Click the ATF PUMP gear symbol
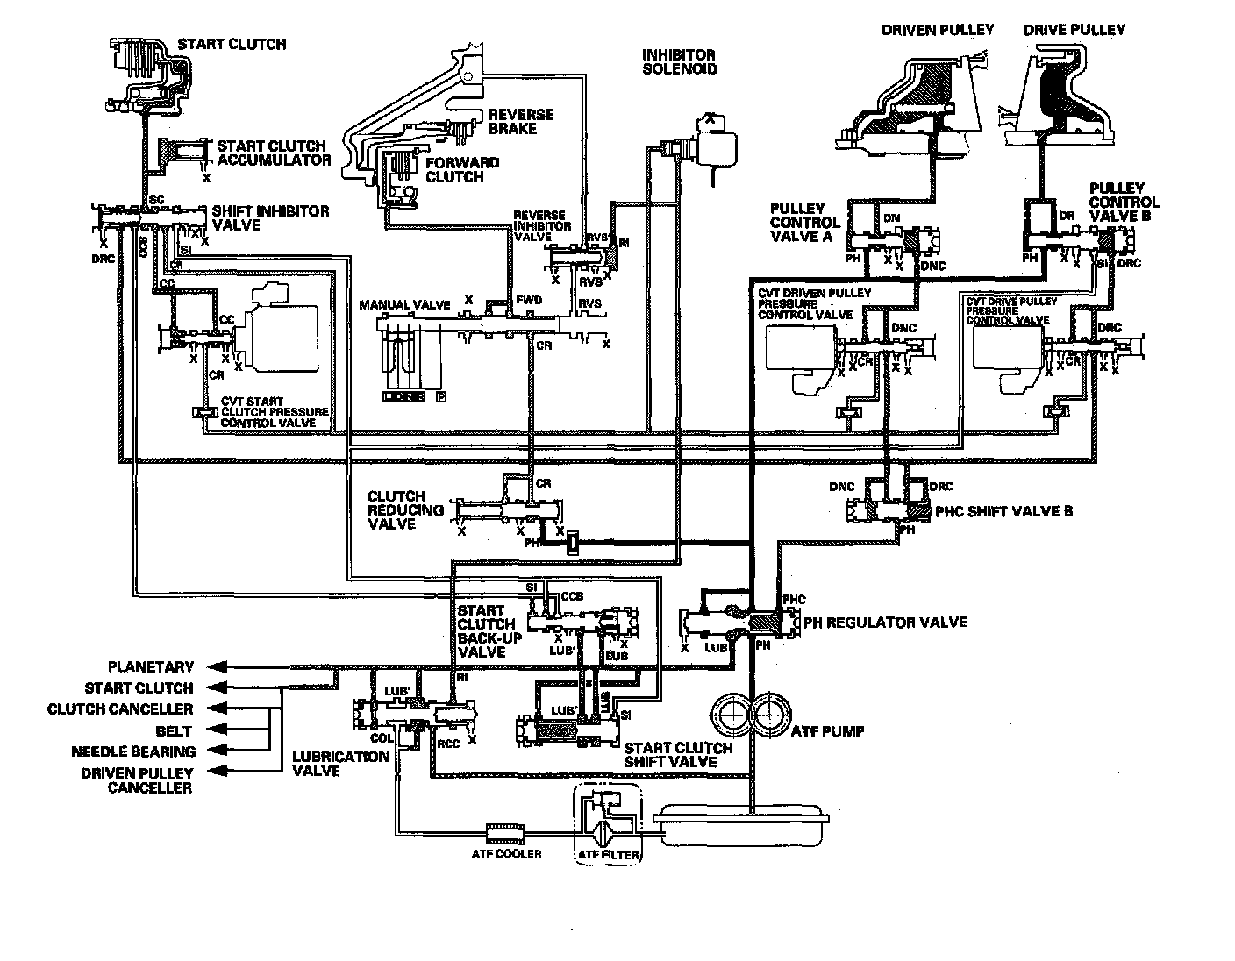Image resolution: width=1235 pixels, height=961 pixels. pyautogui.click(x=751, y=715)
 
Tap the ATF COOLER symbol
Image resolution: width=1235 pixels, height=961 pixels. pyautogui.click(x=504, y=829)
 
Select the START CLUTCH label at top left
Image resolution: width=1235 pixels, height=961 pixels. pyautogui.click(x=232, y=44)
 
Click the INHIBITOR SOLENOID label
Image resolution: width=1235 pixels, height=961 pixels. pyautogui.click(x=680, y=61)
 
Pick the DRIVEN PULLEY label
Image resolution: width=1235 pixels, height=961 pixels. pyautogui.click(x=938, y=30)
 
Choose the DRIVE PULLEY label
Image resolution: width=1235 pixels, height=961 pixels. pyautogui.click(x=1074, y=30)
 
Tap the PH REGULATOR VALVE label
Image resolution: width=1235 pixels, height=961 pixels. pyautogui.click(x=886, y=623)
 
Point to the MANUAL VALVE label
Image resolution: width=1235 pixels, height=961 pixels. pyautogui.click(x=404, y=305)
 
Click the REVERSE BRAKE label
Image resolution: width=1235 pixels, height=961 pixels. pyautogui.click(x=521, y=122)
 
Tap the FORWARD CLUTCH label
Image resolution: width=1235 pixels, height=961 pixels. pyautogui.click(x=462, y=169)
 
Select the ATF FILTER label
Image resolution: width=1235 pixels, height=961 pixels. pyautogui.click(x=608, y=855)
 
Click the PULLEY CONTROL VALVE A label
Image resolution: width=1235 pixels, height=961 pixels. pyautogui.click(x=805, y=223)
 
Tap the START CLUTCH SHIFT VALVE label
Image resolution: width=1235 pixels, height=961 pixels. pyautogui.click(x=678, y=755)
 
